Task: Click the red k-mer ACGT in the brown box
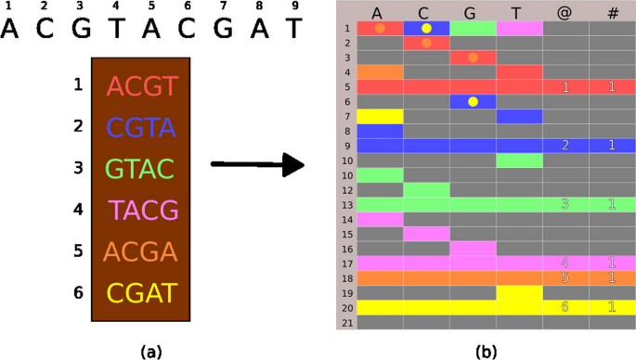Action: click(141, 87)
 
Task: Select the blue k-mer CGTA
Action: click(141, 128)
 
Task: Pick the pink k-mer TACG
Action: click(142, 211)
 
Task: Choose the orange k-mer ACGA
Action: click(141, 252)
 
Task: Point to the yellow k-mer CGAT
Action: click(141, 294)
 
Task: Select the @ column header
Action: click(565, 12)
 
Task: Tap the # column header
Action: click(611, 12)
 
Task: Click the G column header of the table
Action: click(472, 12)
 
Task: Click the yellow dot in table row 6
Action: click(473, 101)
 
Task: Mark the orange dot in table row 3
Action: click(473, 58)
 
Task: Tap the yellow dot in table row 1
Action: click(426, 28)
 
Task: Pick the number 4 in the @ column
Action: click(565, 264)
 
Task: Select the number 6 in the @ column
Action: click(565, 307)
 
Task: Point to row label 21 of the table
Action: click(345, 322)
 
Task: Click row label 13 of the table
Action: click(345, 204)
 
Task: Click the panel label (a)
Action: click(150, 351)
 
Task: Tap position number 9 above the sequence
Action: click(293, 6)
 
